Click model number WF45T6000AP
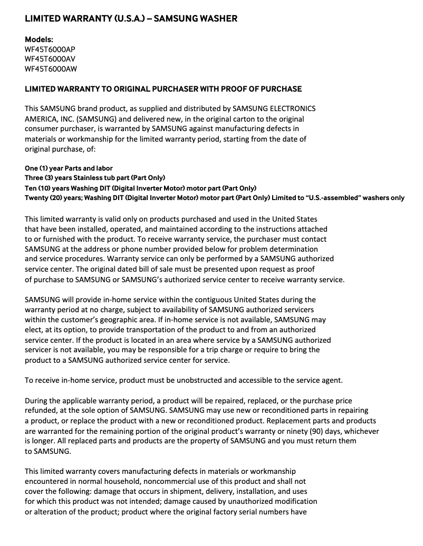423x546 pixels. point(50,49)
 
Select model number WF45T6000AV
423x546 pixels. point(50,59)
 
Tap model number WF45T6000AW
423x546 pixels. point(51,68)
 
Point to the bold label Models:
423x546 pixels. point(39,39)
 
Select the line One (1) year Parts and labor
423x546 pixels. point(69,168)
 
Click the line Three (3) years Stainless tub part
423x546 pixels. point(95,178)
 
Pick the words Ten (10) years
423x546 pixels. point(47,188)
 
